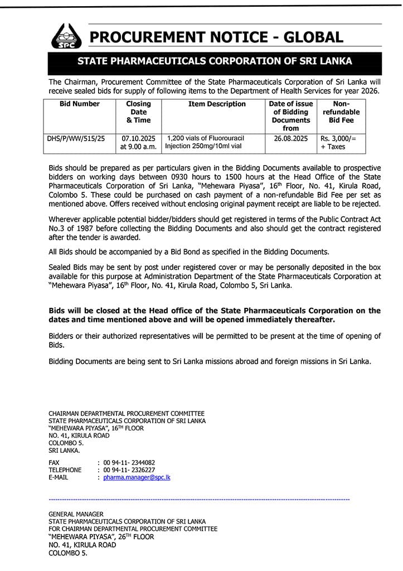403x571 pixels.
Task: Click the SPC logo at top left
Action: coord(66,36)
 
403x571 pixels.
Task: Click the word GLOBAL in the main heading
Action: coord(313,37)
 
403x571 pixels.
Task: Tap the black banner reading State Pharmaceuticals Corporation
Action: coord(215,61)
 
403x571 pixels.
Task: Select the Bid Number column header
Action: coord(80,104)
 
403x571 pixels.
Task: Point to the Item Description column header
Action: coord(217,104)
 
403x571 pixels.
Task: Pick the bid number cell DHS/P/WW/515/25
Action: coord(76,138)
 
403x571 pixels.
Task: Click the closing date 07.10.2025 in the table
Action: coord(138,138)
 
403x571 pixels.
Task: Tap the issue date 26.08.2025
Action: coord(290,138)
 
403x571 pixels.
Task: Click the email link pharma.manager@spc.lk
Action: coord(137,478)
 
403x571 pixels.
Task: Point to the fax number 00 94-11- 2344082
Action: coord(129,462)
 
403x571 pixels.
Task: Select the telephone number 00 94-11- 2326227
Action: coord(129,470)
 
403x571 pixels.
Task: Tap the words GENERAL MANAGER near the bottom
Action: coord(76,514)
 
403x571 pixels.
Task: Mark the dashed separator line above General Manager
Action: coord(199,500)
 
